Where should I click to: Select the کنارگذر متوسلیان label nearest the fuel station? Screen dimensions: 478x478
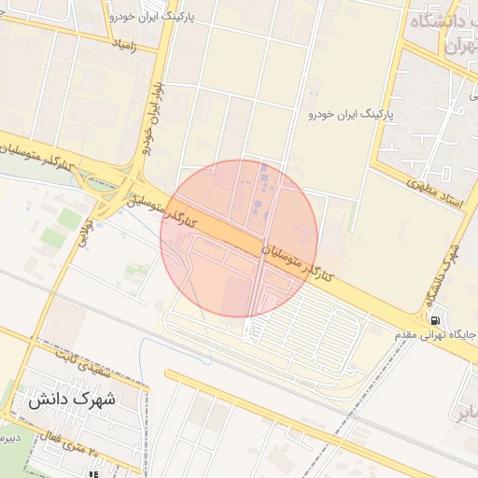point(301,264)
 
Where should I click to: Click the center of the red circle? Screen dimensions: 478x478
point(239,239)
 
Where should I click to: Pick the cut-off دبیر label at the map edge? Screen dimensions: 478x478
point(7,437)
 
